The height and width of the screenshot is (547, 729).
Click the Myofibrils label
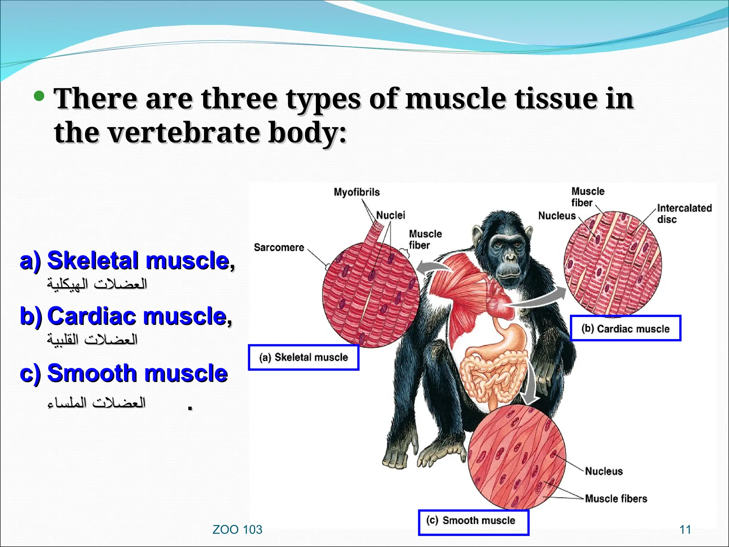357,192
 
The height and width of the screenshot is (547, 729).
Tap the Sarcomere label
279,248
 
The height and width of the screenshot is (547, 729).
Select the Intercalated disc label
684,213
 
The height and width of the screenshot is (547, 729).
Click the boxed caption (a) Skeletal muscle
304,357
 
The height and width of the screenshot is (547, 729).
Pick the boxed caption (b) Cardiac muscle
625,328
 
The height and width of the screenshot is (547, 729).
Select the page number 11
685,530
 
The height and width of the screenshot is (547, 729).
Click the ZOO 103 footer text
237,530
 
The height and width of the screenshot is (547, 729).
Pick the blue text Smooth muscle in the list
137,373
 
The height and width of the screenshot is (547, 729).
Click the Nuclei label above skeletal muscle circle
390,215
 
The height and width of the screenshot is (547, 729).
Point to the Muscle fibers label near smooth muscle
616,499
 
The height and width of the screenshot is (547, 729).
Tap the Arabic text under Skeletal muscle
97,284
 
